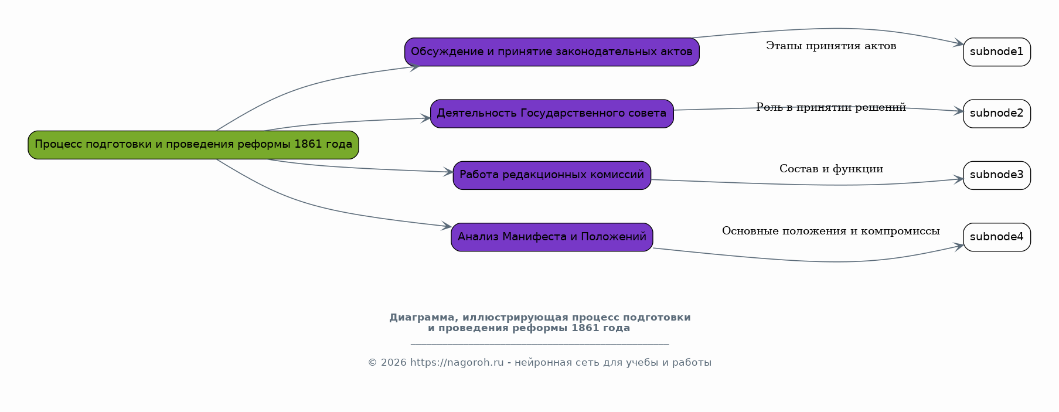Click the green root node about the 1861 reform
pyautogui.click(x=193, y=145)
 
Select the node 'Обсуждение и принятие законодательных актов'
pyautogui.click(x=552, y=52)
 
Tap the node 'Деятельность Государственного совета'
pyautogui.click(x=552, y=114)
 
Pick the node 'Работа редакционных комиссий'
pyautogui.click(x=552, y=175)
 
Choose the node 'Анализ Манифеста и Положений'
pyautogui.click(x=552, y=237)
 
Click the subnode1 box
pyautogui.click(x=997, y=52)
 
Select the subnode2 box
pyautogui.click(x=997, y=114)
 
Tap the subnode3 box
pyautogui.click(x=997, y=175)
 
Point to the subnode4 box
pyautogui.click(x=997, y=237)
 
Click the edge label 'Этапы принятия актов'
pyautogui.click(x=831, y=46)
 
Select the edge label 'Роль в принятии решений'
pyautogui.click(x=831, y=107)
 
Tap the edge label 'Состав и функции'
pyautogui.click(x=831, y=169)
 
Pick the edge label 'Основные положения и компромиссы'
pyautogui.click(x=831, y=231)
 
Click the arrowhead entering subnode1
pyautogui.click(x=959, y=43)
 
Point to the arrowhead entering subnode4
pyautogui.click(x=959, y=246)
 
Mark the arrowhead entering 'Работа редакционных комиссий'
pyautogui.click(x=448, y=172)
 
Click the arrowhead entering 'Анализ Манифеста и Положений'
pyautogui.click(x=447, y=226)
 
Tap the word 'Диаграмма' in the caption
pyautogui.click(x=421, y=318)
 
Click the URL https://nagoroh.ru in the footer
pyautogui.click(x=457, y=363)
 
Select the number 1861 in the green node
pyautogui.click(x=308, y=144)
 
